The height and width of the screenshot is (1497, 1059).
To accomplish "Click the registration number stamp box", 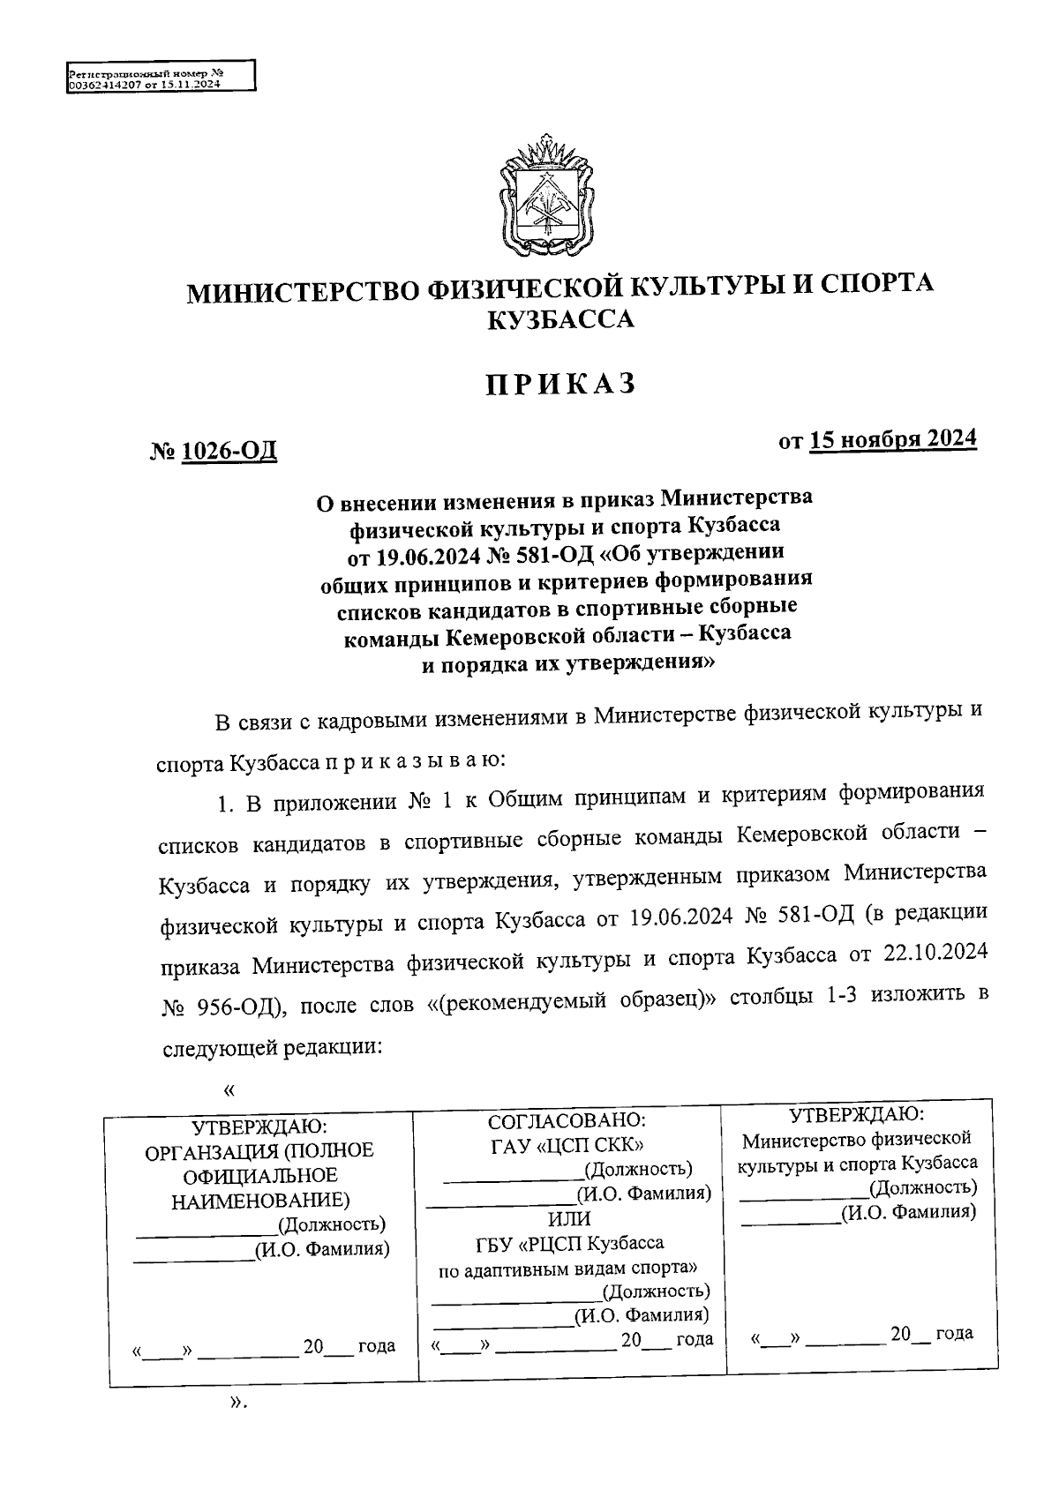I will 161,77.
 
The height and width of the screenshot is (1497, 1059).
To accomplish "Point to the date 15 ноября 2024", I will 893,439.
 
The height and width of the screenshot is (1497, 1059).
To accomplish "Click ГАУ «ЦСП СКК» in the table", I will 567,1145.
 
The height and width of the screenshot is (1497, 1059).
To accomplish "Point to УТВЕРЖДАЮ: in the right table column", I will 856,1114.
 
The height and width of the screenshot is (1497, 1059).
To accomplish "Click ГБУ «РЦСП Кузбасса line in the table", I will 568,1243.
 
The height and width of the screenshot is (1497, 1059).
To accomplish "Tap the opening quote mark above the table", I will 229,1091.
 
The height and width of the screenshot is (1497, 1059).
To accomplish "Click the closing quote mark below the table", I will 235,1403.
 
